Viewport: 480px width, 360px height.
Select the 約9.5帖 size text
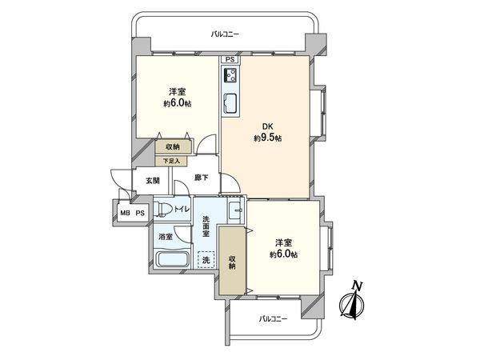pos(267,138)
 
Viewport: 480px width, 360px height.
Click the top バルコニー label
pos(225,34)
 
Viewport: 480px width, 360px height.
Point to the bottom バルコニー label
pos(274,318)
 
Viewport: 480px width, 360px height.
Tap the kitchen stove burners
pos(230,77)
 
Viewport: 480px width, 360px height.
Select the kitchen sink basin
pos(230,103)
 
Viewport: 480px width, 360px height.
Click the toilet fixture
pos(163,209)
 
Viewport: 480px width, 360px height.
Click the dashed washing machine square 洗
pos(206,260)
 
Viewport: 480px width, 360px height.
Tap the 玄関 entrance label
pos(152,180)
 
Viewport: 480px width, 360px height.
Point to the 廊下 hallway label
pos(202,178)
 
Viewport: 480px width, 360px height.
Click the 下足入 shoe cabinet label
pos(173,161)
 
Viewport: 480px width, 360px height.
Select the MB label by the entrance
pos(125,213)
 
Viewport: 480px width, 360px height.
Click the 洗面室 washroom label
pos(206,227)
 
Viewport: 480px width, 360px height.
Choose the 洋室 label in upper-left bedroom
pos(178,91)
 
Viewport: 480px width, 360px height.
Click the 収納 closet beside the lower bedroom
pos(232,261)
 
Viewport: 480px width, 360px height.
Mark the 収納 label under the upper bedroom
pos(173,147)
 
